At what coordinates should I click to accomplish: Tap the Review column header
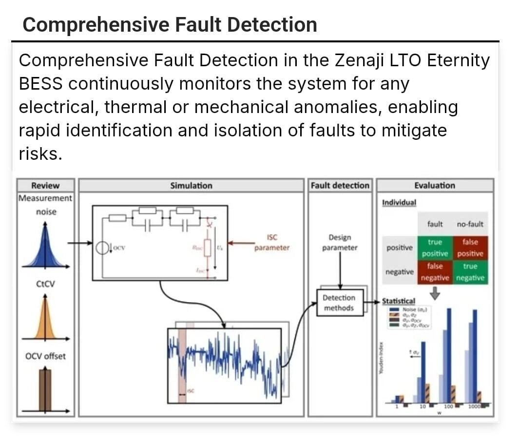point(45,186)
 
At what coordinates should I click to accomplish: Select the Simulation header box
point(191,186)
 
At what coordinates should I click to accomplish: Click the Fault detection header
point(340,186)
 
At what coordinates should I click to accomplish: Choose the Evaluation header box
point(435,186)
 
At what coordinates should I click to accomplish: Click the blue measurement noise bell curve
point(45,251)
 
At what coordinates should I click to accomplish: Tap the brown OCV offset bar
point(45,390)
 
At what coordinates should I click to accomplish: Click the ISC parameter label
point(272,243)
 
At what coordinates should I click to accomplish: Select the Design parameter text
point(340,243)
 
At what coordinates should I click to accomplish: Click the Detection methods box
point(340,303)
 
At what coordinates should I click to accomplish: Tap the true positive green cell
point(435,248)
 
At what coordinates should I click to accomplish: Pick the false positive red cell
point(470,248)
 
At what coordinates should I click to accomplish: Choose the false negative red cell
point(435,272)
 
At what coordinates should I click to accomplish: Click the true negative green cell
point(470,272)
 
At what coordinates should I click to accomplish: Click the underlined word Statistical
point(399,302)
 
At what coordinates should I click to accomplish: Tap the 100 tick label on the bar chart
point(448,406)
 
